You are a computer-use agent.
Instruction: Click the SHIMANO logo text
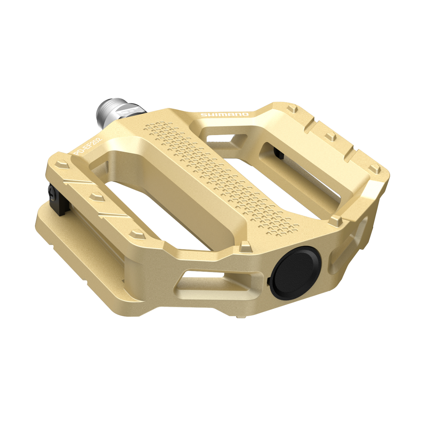(224, 115)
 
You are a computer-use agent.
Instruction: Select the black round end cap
(296, 272)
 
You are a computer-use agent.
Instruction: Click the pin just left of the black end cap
(245, 247)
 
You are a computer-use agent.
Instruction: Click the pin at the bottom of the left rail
(137, 233)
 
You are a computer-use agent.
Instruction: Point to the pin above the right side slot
(336, 220)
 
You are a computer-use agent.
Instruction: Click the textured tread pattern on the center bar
(220, 176)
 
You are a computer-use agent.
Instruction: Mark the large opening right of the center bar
(293, 186)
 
